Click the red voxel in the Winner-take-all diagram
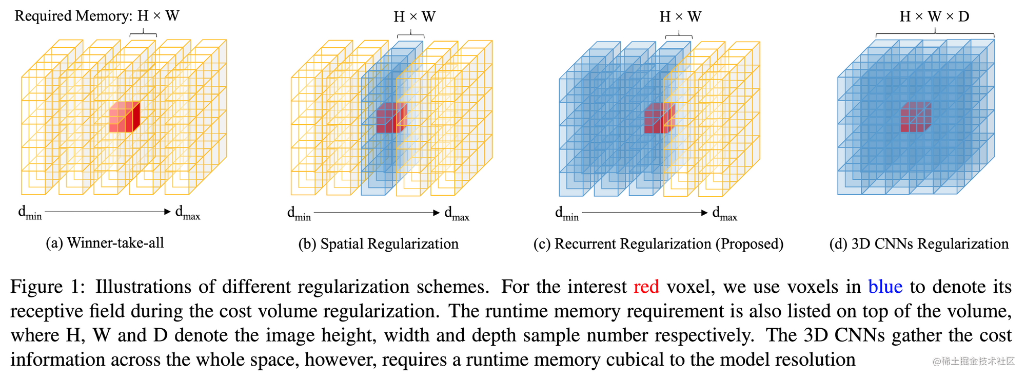tap(124, 118)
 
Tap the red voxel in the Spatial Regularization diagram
tap(391, 118)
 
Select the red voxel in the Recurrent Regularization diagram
tap(659, 119)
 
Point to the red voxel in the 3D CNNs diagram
tap(916, 117)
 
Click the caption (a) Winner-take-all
tap(105, 243)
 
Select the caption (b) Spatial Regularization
tap(379, 244)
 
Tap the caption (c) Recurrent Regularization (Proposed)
tap(659, 244)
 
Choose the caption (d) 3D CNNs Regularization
tap(919, 244)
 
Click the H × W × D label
tap(935, 17)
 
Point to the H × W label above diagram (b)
tap(415, 17)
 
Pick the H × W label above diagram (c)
tap(680, 17)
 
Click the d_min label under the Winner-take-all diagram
tap(30, 212)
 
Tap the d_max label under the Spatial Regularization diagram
tap(457, 213)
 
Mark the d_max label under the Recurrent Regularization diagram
tap(724, 213)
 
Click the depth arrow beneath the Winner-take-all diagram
tap(108, 212)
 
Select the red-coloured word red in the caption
tap(646, 287)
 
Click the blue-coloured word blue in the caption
tap(885, 287)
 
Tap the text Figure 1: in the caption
tap(48, 287)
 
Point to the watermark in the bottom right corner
tap(973, 361)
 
